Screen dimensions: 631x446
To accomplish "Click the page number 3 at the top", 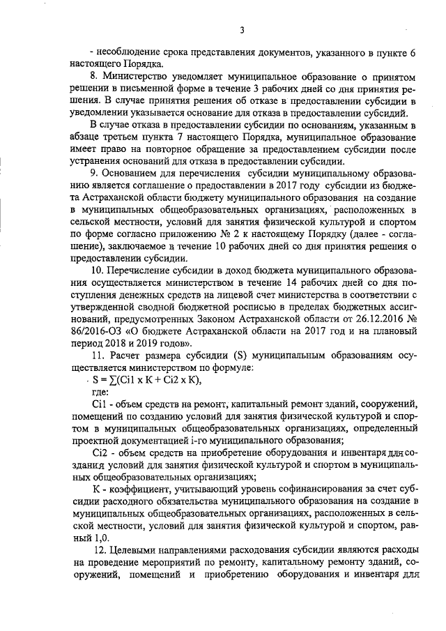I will click(x=241, y=29).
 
